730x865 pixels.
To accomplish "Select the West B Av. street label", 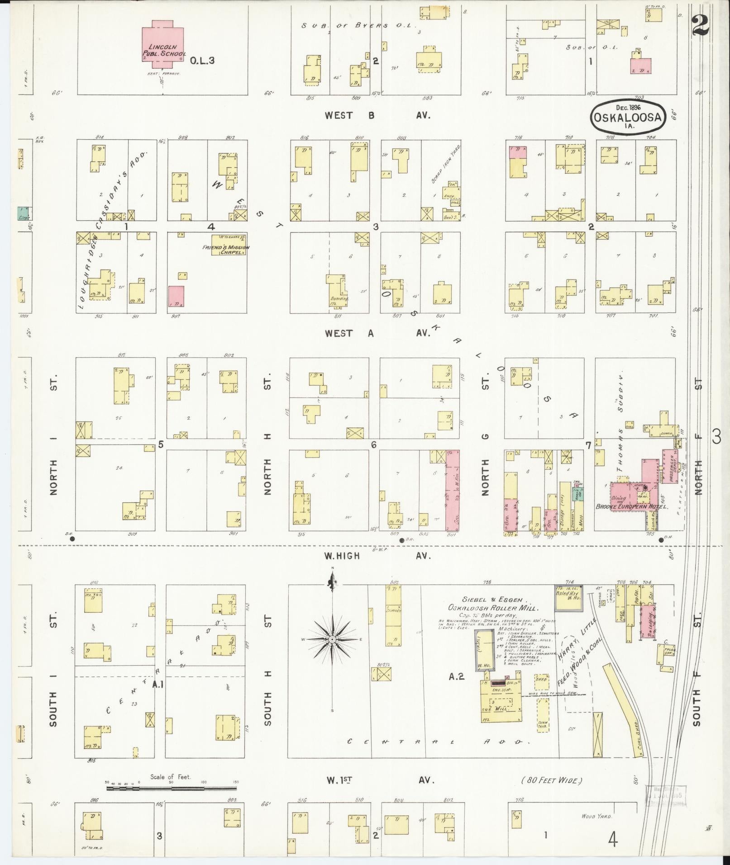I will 377,115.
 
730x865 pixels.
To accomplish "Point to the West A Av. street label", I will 377,333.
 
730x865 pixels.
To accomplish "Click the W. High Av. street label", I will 377,556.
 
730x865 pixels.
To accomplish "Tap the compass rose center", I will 333,639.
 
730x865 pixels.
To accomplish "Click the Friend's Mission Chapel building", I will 229,245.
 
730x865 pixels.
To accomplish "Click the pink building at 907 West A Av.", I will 177,297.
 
